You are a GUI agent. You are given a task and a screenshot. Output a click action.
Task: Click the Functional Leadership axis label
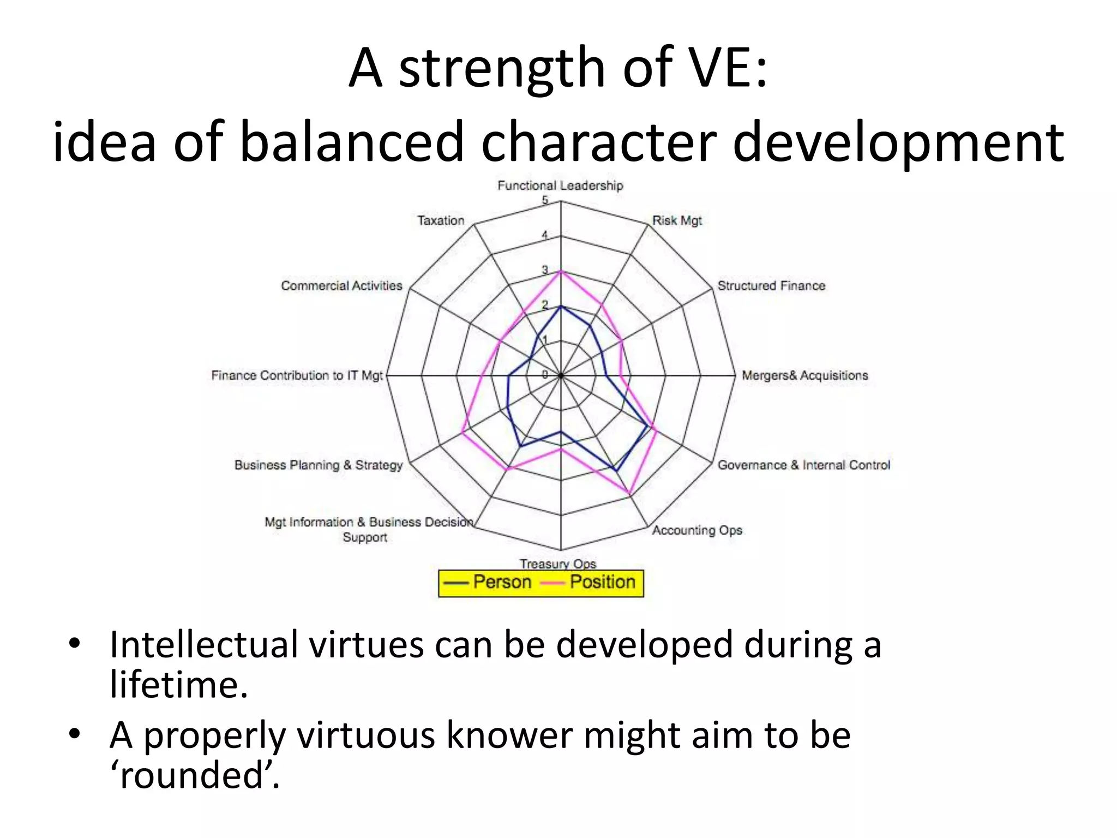560,185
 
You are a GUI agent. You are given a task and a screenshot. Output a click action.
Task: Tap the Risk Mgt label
677,220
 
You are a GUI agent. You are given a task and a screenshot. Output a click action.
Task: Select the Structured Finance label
771,286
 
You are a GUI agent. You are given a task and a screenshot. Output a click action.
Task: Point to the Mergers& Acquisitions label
804,375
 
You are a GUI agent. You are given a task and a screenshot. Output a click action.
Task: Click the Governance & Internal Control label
803,465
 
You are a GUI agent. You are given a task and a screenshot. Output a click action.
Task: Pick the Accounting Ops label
697,530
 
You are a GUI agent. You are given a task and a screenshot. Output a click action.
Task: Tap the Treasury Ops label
557,563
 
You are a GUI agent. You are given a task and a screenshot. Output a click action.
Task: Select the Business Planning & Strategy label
318,465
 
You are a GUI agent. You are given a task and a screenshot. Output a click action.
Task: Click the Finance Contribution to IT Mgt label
297,375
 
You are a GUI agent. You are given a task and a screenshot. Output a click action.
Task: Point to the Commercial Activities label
341,286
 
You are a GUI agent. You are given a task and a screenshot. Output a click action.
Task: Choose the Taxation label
441,220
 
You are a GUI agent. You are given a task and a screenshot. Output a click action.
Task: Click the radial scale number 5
545,200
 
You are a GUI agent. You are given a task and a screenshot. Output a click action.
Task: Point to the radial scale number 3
545,270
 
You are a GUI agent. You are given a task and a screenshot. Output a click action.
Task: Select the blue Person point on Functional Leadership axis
561,306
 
